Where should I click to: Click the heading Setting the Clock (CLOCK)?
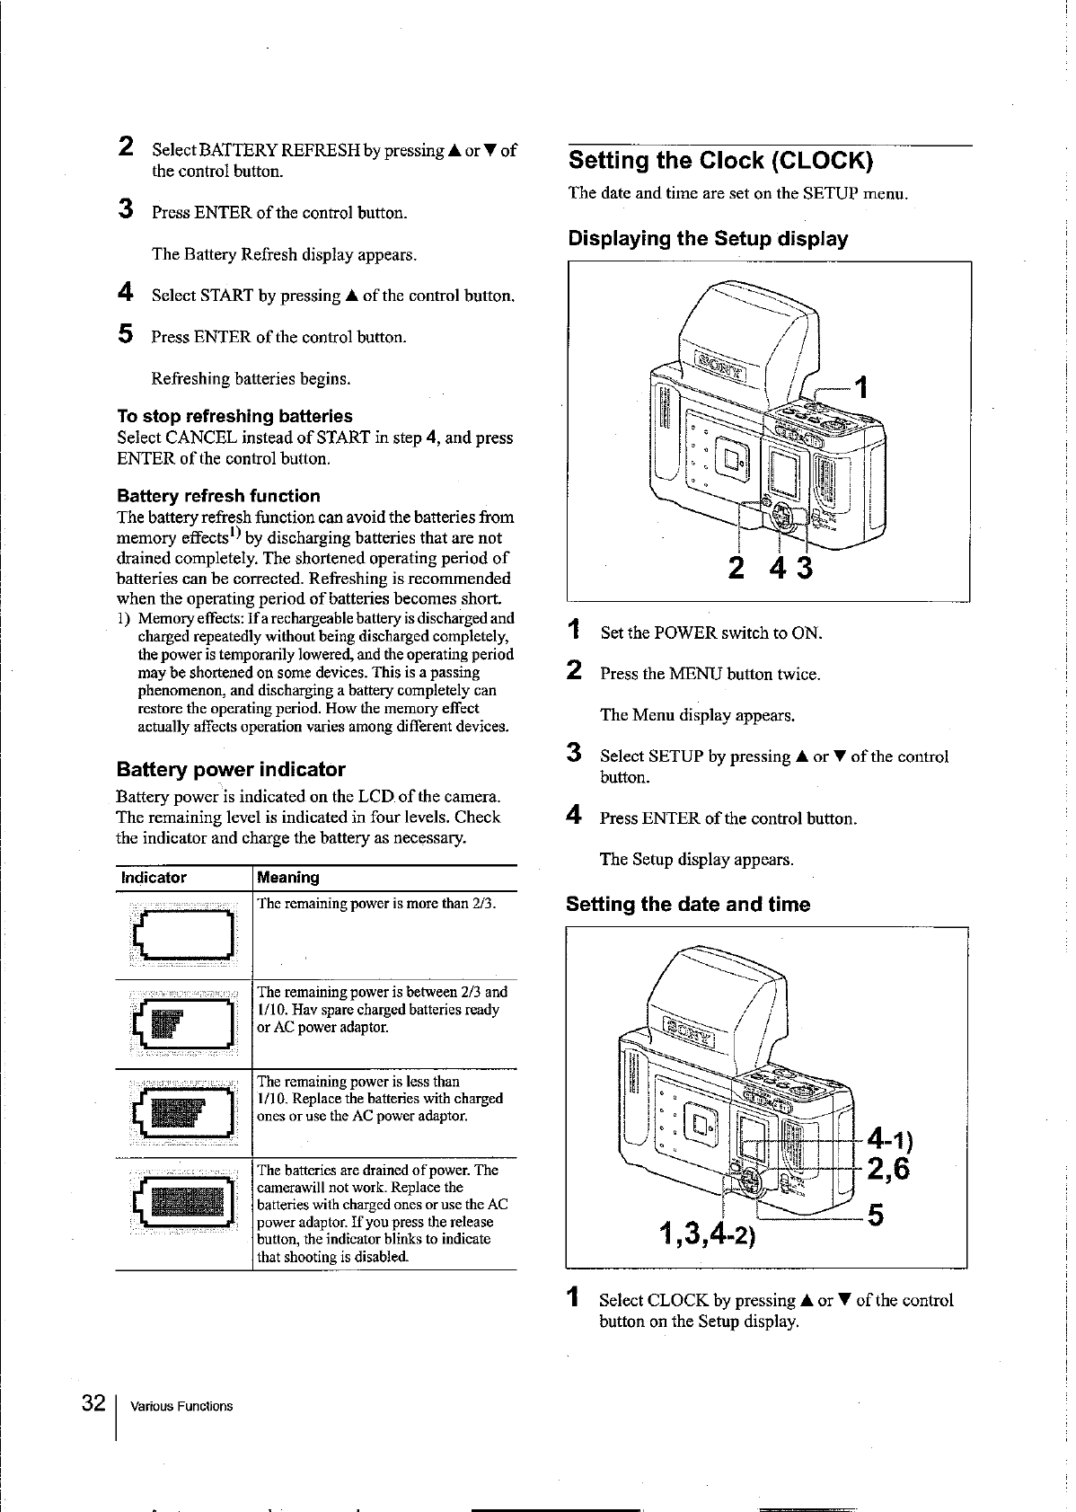(x=719, y=161)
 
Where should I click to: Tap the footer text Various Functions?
(x=181, y=1406)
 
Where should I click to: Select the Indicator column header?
(x=154, y=878)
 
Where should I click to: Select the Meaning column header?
(x=288, y=878)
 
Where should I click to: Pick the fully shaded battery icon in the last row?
(x=183, y=1201)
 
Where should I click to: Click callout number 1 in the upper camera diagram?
(x=861, y=387)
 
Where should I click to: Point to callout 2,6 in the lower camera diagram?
(x=887, y=1169)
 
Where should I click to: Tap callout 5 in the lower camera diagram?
(x=876, y=1216)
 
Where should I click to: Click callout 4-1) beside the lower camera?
(x=888, y=1139)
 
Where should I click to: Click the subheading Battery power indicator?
(x=231, y=769)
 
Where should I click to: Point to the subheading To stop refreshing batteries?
(x=234, y=416)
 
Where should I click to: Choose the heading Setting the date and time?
(x=688, y=904)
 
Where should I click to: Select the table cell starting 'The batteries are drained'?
(x=383, y=1213)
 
